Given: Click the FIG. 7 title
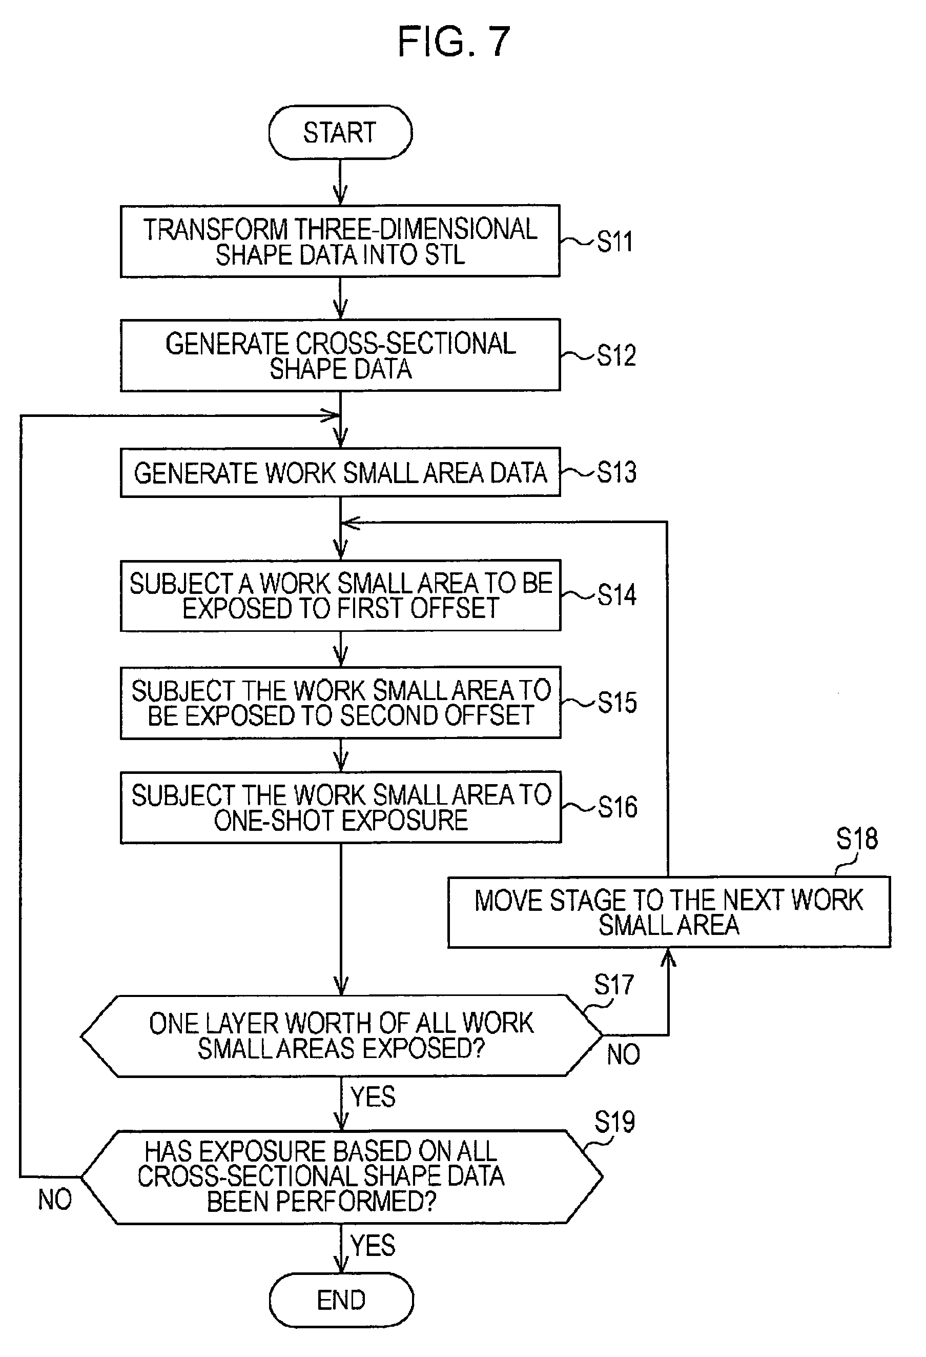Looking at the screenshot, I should coord(454,42).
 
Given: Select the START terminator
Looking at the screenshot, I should coord(340,132).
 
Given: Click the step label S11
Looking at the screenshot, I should coord(615,241).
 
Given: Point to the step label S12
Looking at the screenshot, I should coord(616,355).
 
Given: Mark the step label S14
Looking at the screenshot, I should coord(617,595).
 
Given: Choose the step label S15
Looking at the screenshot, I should coord(618,703).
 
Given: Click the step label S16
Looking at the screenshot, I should coord(618,807).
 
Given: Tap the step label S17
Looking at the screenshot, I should coord(614,986).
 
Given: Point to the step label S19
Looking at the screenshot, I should coord(614,1122).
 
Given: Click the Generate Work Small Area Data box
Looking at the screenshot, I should coord(340,472).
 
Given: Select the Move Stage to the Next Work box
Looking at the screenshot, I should coord(669,912).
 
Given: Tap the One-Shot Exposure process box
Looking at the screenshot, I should coord(341,808).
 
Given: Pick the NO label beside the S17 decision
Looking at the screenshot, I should coord(623,1055).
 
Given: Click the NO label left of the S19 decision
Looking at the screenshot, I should coord(55,1200).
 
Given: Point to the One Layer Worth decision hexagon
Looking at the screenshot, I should coord(341,1036).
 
